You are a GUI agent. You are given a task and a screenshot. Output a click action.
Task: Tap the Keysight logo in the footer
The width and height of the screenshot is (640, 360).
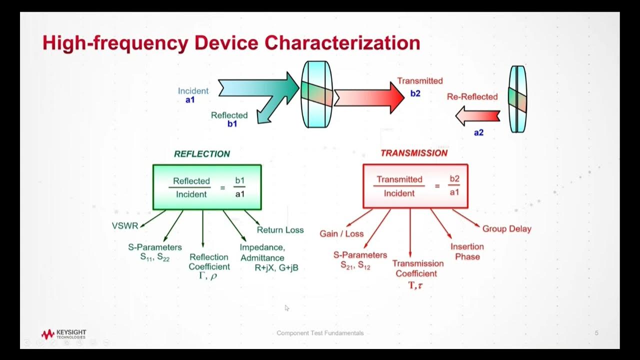point(64,334)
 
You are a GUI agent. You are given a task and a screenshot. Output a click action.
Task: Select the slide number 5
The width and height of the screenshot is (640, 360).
point(596,333)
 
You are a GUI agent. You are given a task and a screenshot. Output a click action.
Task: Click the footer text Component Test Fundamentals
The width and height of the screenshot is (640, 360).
point(320,333)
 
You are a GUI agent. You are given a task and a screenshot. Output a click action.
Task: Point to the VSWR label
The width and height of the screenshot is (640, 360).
point(125,226)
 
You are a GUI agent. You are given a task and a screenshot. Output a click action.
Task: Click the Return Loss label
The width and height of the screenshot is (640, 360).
point(280,230)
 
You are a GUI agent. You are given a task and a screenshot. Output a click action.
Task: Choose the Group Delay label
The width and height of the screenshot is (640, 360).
point(506,229)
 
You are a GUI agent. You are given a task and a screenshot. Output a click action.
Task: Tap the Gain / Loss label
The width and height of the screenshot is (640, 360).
point(341,233)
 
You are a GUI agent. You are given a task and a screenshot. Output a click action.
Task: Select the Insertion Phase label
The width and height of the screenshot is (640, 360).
point(467,251)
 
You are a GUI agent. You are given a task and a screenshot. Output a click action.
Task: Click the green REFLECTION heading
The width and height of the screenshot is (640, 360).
point(202,154)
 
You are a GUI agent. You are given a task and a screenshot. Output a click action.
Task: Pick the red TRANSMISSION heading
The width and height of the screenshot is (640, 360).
point(414,153)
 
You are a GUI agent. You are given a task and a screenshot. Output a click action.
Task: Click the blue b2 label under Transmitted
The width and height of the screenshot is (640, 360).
point(415,93)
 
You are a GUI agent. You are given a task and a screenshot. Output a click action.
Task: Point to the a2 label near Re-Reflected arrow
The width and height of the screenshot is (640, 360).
point(478,133)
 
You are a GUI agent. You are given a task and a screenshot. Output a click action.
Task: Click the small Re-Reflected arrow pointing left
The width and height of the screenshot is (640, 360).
point(477,116)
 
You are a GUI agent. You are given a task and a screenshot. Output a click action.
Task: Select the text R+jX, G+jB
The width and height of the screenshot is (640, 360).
point(276,268)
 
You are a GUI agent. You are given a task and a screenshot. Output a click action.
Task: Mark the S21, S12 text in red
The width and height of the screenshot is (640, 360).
point(354,266)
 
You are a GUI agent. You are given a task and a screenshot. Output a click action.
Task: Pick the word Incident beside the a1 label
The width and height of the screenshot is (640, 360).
point(193,91)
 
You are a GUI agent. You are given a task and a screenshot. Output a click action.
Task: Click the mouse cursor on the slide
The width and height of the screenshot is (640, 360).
point(287,308)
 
